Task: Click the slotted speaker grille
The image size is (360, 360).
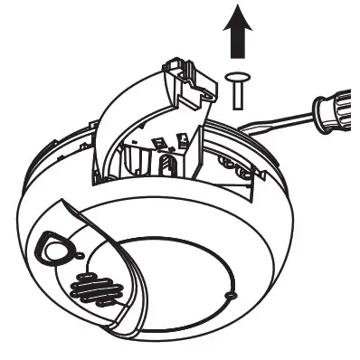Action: click(x=96, y=290)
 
